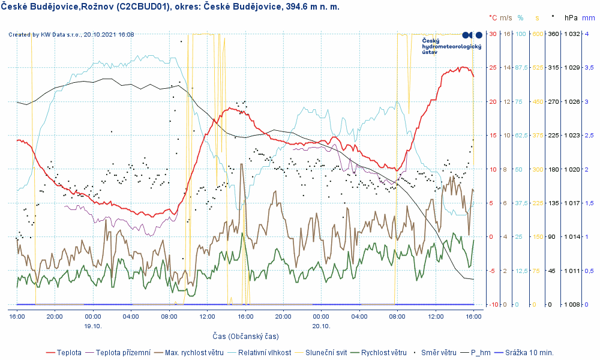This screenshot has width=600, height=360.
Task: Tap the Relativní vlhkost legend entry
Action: coord(265,352)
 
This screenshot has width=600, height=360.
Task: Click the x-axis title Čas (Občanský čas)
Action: coord(245,336)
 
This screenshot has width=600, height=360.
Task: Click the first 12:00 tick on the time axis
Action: coord(207,316)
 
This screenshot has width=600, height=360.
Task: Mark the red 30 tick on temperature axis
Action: coord(493,34)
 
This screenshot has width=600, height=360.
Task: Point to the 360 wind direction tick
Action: coord(553,34)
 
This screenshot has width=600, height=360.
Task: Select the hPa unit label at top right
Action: coord(570,18)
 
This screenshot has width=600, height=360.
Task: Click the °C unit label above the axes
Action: coord(493,18)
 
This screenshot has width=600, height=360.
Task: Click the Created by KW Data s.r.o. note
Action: coord(71,34)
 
